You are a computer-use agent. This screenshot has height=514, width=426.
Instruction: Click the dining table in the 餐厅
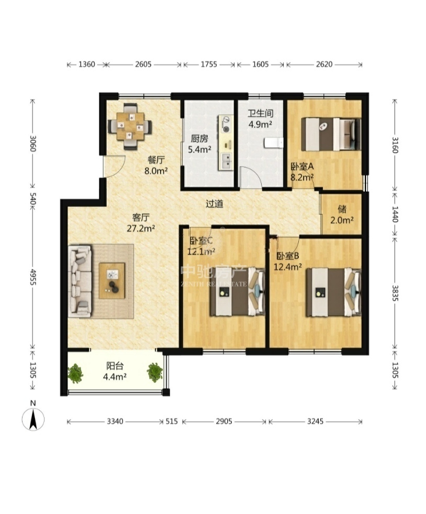click(130, 126)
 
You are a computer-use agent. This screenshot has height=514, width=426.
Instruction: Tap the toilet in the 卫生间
click(274, 143)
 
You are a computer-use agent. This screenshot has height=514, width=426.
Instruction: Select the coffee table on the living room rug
click(112, 281)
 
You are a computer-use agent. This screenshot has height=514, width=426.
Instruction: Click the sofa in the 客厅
click(80, 281)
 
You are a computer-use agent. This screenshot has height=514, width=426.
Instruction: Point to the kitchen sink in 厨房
click(226, 161)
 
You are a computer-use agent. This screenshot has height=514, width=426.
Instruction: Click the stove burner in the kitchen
click(226, 124)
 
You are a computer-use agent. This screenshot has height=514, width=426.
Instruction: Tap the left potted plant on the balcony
click(76, 373)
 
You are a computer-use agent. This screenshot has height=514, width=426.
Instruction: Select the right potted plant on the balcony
click(154, 373)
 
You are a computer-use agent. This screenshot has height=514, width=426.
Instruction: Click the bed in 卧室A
click(331, 135)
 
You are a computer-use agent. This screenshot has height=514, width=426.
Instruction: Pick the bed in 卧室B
click(334, 292)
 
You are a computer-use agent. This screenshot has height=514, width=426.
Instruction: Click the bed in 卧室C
click(238, 292)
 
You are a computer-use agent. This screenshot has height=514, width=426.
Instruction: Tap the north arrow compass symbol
click(33, 419)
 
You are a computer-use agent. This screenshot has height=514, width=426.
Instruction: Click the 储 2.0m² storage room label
click(342, 215)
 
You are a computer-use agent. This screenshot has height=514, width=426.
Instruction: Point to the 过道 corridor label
click(215, 204)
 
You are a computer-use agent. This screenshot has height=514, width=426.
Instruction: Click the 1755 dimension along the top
click(209, 64)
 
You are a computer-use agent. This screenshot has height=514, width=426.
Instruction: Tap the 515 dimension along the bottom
click(172, 421)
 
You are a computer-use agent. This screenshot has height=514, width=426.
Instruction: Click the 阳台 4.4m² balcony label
click(115, 371)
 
